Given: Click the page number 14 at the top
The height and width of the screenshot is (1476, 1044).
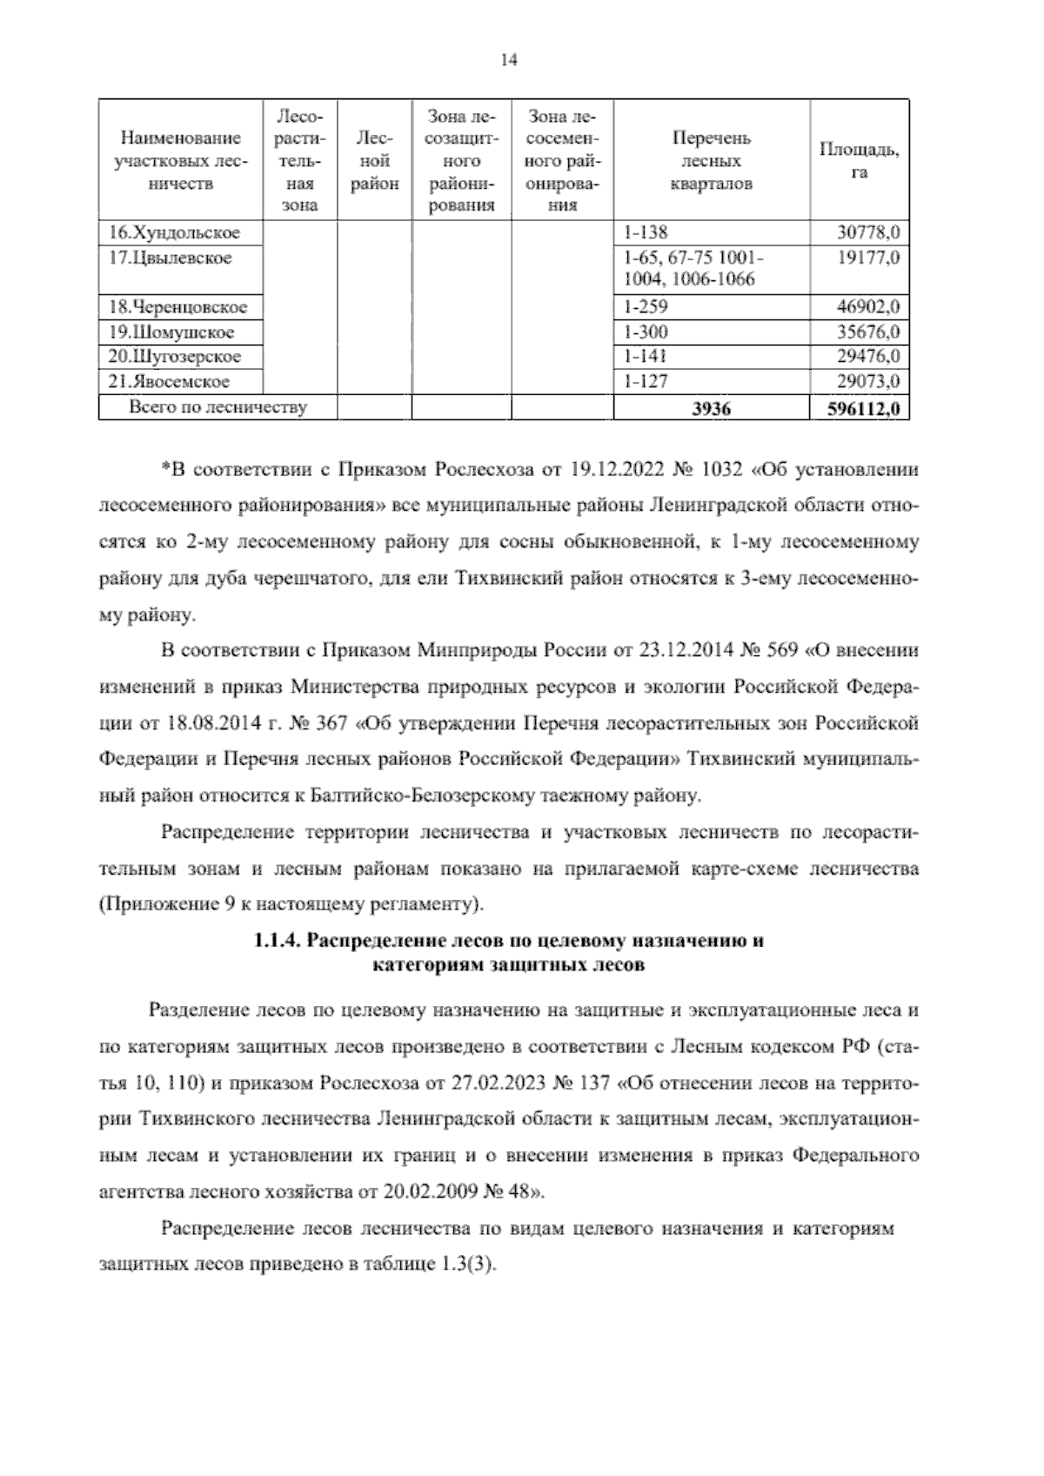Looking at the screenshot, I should coord(509,60).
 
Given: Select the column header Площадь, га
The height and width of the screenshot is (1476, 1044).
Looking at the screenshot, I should coord(860,161).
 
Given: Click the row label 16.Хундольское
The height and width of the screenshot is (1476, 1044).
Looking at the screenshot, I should coord(174,232).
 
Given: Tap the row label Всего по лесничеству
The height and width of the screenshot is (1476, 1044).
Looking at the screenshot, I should coord(217,406).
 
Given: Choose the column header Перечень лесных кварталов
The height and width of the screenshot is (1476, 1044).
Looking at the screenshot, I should coord(711,161).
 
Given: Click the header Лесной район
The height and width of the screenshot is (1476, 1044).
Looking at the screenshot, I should coord(374,161).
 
